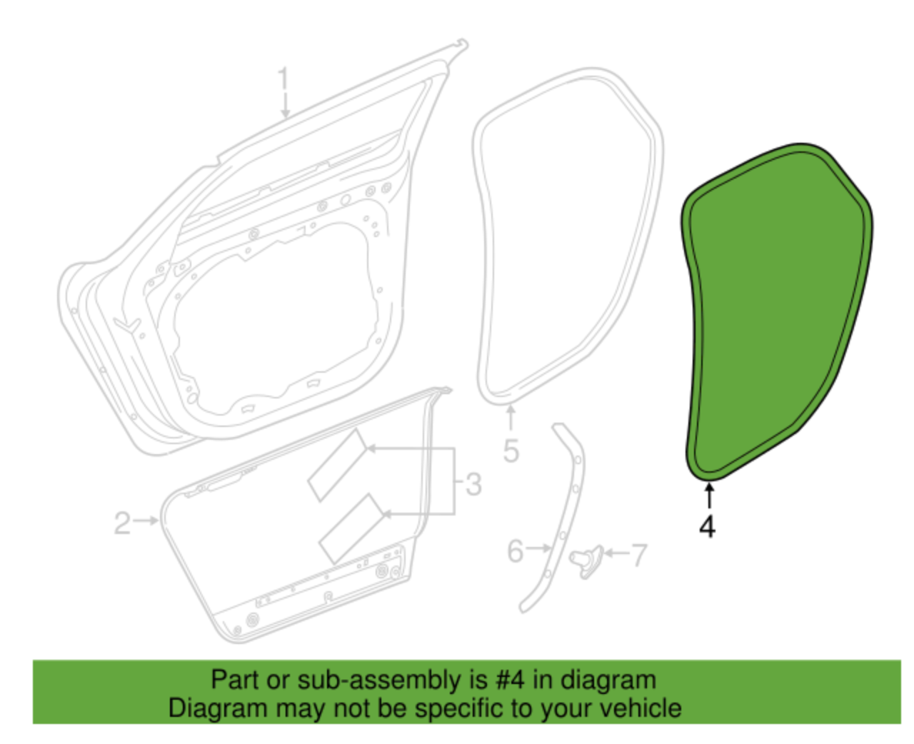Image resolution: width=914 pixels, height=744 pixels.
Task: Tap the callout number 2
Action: [x=123, y=523]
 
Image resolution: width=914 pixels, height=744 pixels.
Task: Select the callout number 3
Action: [x=473, y=484]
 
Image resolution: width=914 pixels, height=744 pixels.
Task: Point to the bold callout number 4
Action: [x=707, y=526]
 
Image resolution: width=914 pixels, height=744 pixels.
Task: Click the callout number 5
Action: [x=511, y=451]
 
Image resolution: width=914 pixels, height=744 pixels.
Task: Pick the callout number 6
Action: [x=516, y=551]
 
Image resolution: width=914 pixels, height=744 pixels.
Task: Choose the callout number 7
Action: [x=639, y=554]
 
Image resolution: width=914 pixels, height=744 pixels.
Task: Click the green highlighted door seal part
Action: [x=775, y=307]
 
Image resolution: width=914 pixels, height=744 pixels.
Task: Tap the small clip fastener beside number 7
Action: [x=587, y=559]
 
